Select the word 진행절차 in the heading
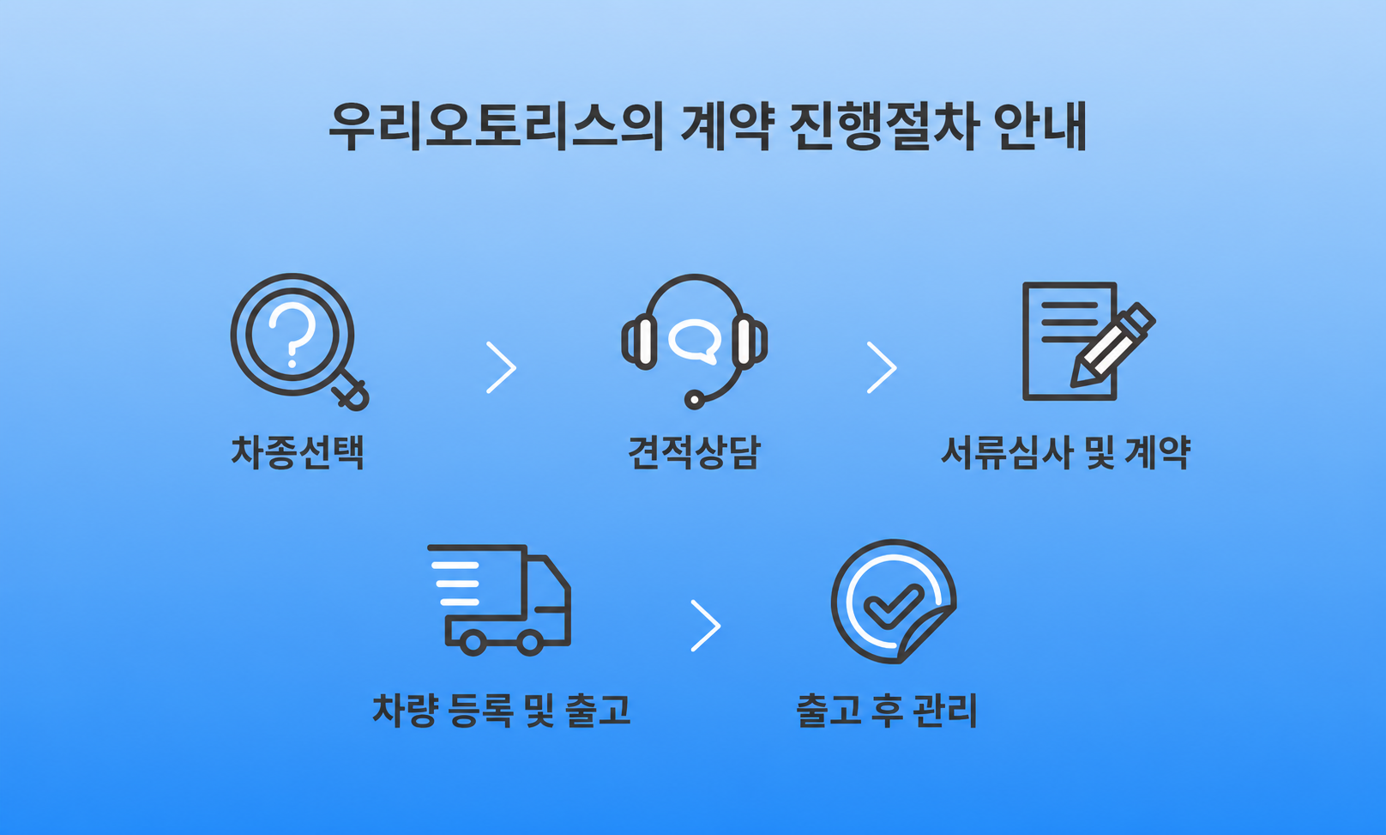[x=884, y=126]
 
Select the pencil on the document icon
[x=1112, y=345]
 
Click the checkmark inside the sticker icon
[x=894, y=606]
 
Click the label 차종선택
[x=297, y=452]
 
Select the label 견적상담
[x=694, y=452]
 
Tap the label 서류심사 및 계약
[x=1065, y=452]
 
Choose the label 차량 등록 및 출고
[x=501, y=710]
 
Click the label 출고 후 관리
[x=887, y=710]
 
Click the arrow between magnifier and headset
[x=501, y=367]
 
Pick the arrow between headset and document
[x=882, y=367]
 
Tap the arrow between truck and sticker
[x=706, y=625]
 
